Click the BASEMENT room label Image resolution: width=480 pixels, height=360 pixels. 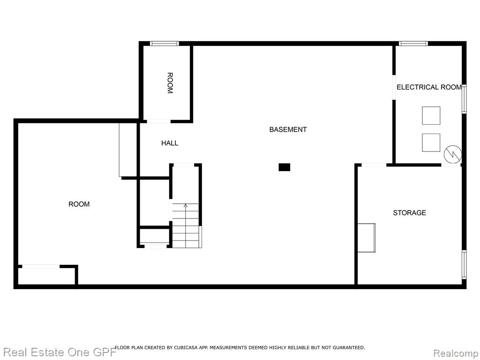coord(288,129)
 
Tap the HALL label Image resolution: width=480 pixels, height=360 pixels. coord(170,143)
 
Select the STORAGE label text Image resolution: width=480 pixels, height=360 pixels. coord(409,213)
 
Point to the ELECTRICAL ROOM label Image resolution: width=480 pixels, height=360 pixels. coord(429,87)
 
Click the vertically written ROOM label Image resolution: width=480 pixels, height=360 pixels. coord(170,83)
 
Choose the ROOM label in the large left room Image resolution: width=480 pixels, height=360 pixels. coord(79,204)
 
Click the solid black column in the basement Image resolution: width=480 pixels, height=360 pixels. coord(284,167)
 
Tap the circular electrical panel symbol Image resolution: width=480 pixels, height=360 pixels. coord(452,154)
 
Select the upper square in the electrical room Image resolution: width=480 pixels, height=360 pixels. coord(431,115)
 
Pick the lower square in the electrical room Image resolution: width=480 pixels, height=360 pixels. coord(431,142)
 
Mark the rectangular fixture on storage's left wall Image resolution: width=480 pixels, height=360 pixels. coord(367,238)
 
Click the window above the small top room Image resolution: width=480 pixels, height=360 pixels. coord(165,44)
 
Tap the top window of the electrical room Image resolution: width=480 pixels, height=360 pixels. coord(413,44)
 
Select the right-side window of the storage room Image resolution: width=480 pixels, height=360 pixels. coord(464,264)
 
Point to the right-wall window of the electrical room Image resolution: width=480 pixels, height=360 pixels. coord(464,99)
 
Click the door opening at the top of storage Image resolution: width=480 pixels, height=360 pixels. coord(374,165)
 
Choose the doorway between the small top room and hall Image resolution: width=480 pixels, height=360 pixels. coord(158,121)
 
